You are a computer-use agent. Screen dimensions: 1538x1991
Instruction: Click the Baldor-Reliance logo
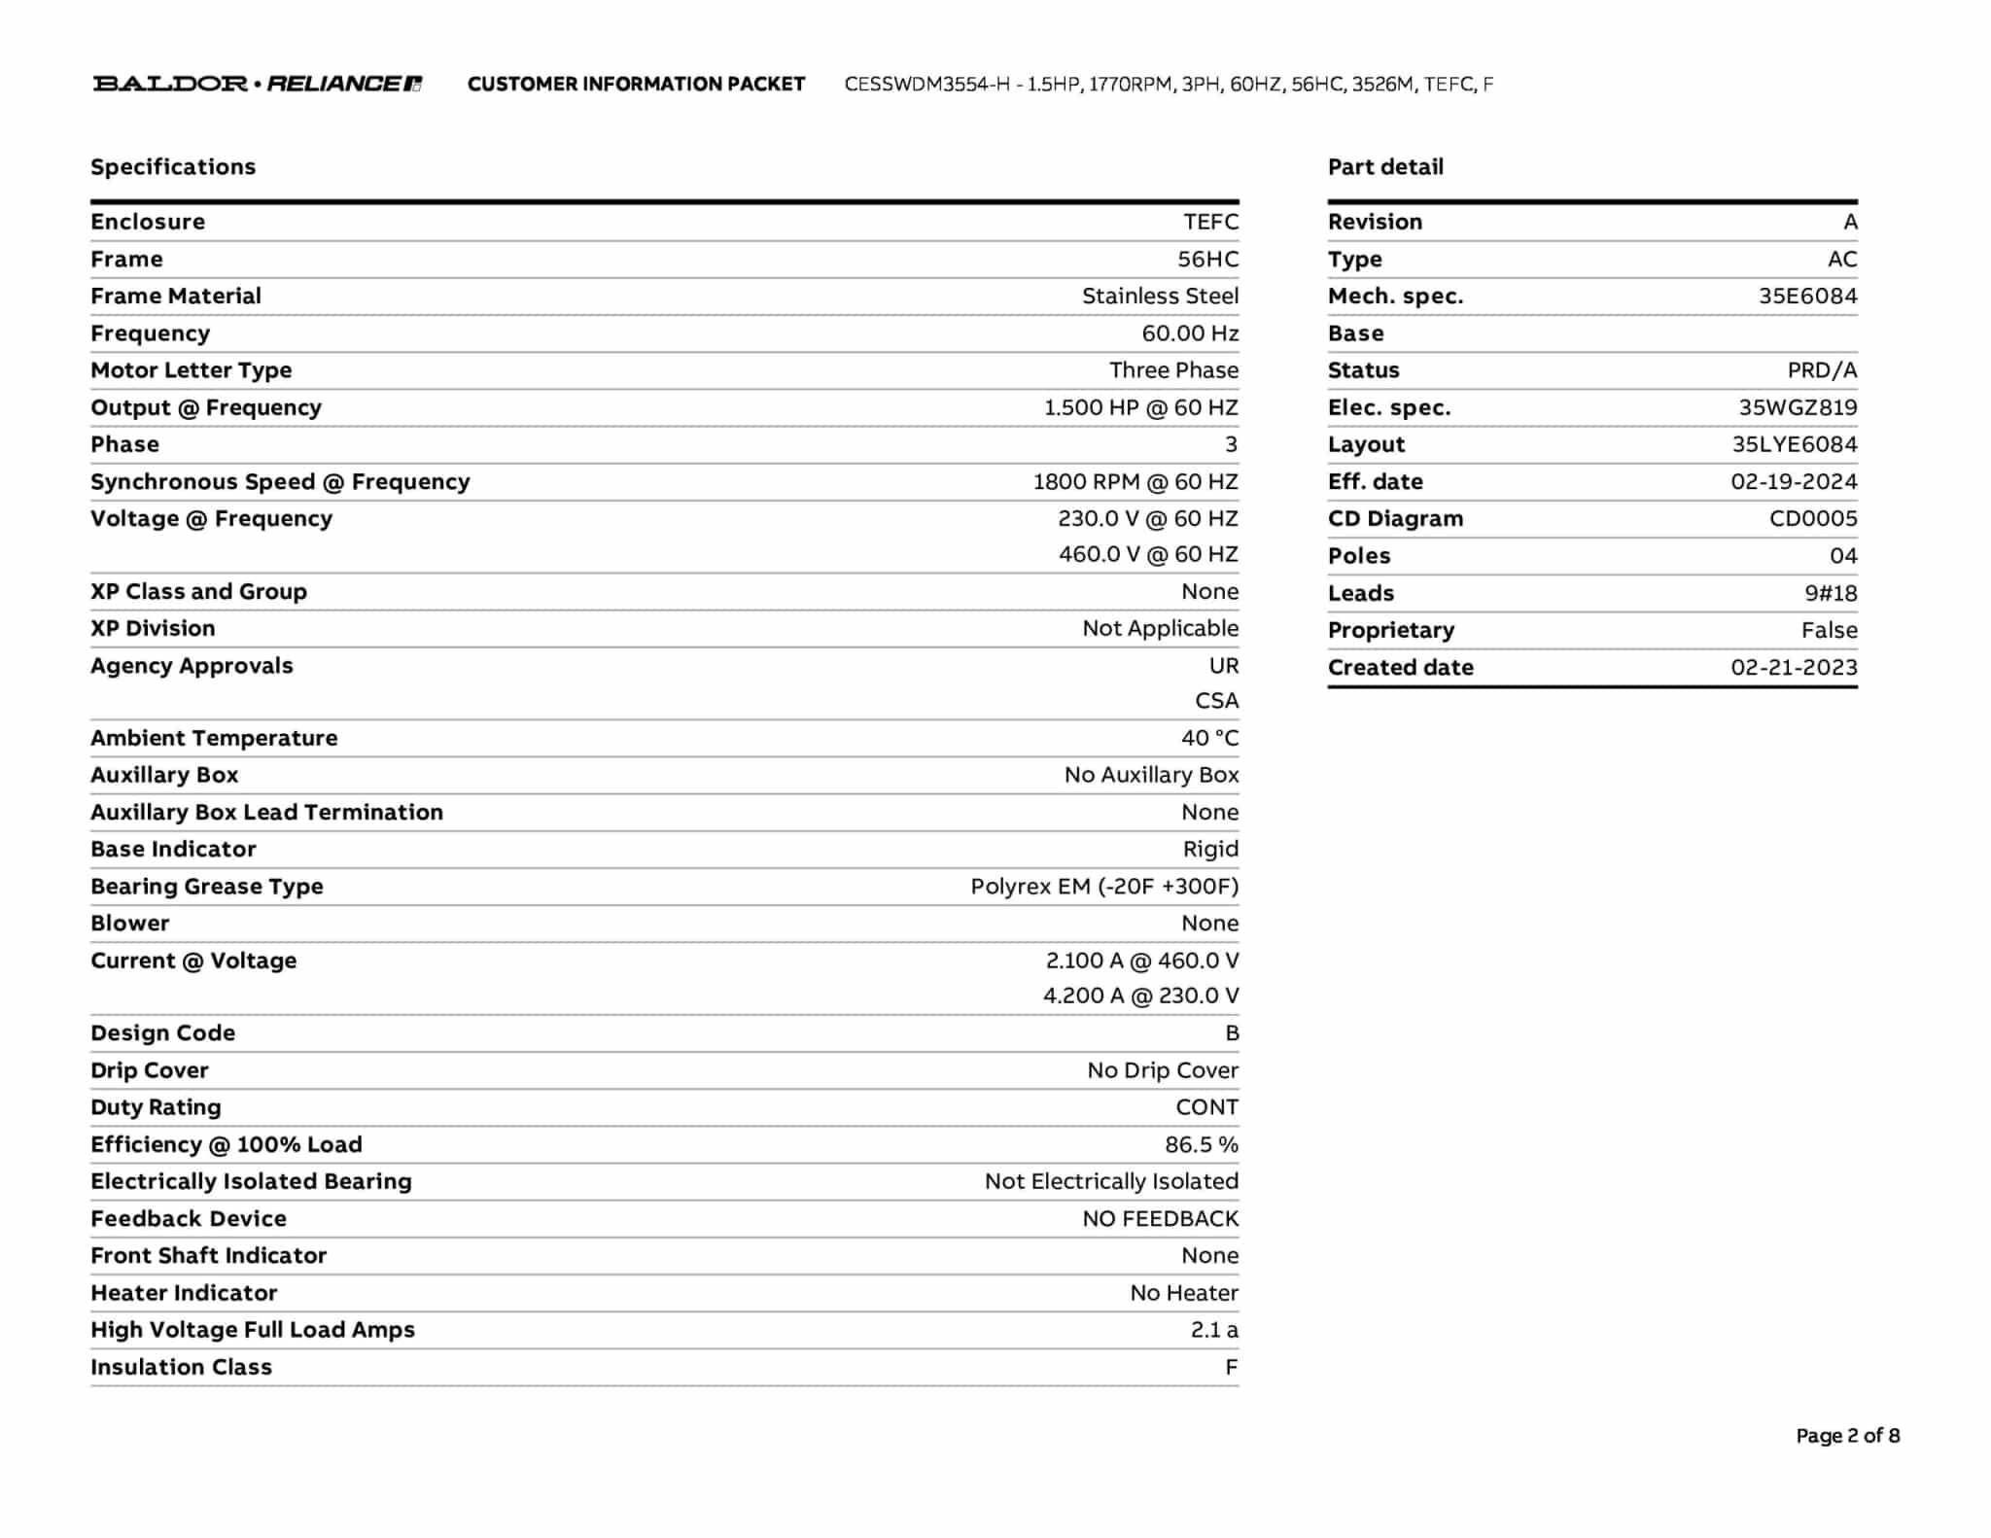pyautogui.click(x=257, y=84)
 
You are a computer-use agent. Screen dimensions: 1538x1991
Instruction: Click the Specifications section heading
pyautogui.click(x=173, y=167)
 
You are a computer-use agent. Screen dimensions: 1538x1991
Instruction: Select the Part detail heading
pyautogui.click(x=1385, y=167)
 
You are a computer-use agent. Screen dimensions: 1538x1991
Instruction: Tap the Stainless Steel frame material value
pyautogui.click(x=1160, y=297)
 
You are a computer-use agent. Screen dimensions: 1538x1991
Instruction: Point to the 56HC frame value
pyautogui.click(x=1207, y=260)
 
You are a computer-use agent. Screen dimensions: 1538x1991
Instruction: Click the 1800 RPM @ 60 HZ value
pyautogui.click(x=1135, y=482)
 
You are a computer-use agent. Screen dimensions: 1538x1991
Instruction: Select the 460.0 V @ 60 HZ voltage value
pyautogui.click(x=1148, y=554)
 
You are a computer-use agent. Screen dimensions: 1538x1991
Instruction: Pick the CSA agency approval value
pyautogui.click(x=1216, y=701)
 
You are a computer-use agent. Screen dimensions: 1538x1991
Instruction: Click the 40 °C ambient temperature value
pyautogui.click(x=1209, y=738)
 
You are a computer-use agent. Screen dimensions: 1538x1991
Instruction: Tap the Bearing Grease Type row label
pyautogui.click(x=207, y=887)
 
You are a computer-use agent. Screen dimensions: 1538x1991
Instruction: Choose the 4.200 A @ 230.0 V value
pyautogui.click(x=1140, y=996)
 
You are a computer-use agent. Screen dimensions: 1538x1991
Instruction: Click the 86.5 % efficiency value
pyautogui.click(x=1202, y=1145)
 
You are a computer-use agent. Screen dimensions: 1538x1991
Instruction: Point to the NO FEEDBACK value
pyautogui.click(x=1160, y=1219)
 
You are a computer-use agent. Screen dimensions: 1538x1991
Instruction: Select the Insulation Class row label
pyautogui.click(x=181, y=1367)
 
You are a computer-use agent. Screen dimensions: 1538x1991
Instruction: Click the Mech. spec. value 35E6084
pyautogui.click(x=1807, y=297)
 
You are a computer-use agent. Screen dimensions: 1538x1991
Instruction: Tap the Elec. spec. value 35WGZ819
pyautogui.click(x=1798, y=408)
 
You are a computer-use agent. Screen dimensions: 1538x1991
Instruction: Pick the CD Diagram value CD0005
pyautogui.click(x=1812, y=519)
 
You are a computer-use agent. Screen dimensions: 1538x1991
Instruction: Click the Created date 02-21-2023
pyautogui.click(x=1793, y=668)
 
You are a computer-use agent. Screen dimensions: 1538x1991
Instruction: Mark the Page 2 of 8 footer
pyautogui.click(x=1847, y=1436)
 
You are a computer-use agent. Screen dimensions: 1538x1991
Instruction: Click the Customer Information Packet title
pyautogui.click(x=636, y=85)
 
